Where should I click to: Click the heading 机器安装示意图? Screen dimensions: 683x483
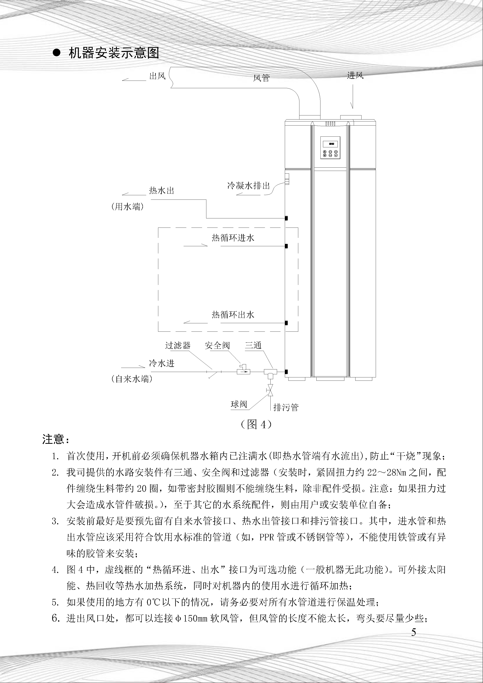pos(114,53)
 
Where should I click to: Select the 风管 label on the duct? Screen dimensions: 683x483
pos(261,78)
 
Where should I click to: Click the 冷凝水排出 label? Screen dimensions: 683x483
pos(248,186)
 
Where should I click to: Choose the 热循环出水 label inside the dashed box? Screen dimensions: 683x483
pos(233,315)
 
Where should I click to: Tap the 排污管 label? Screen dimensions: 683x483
pos(286,407)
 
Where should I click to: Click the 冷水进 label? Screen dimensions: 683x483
pos(162,363)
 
